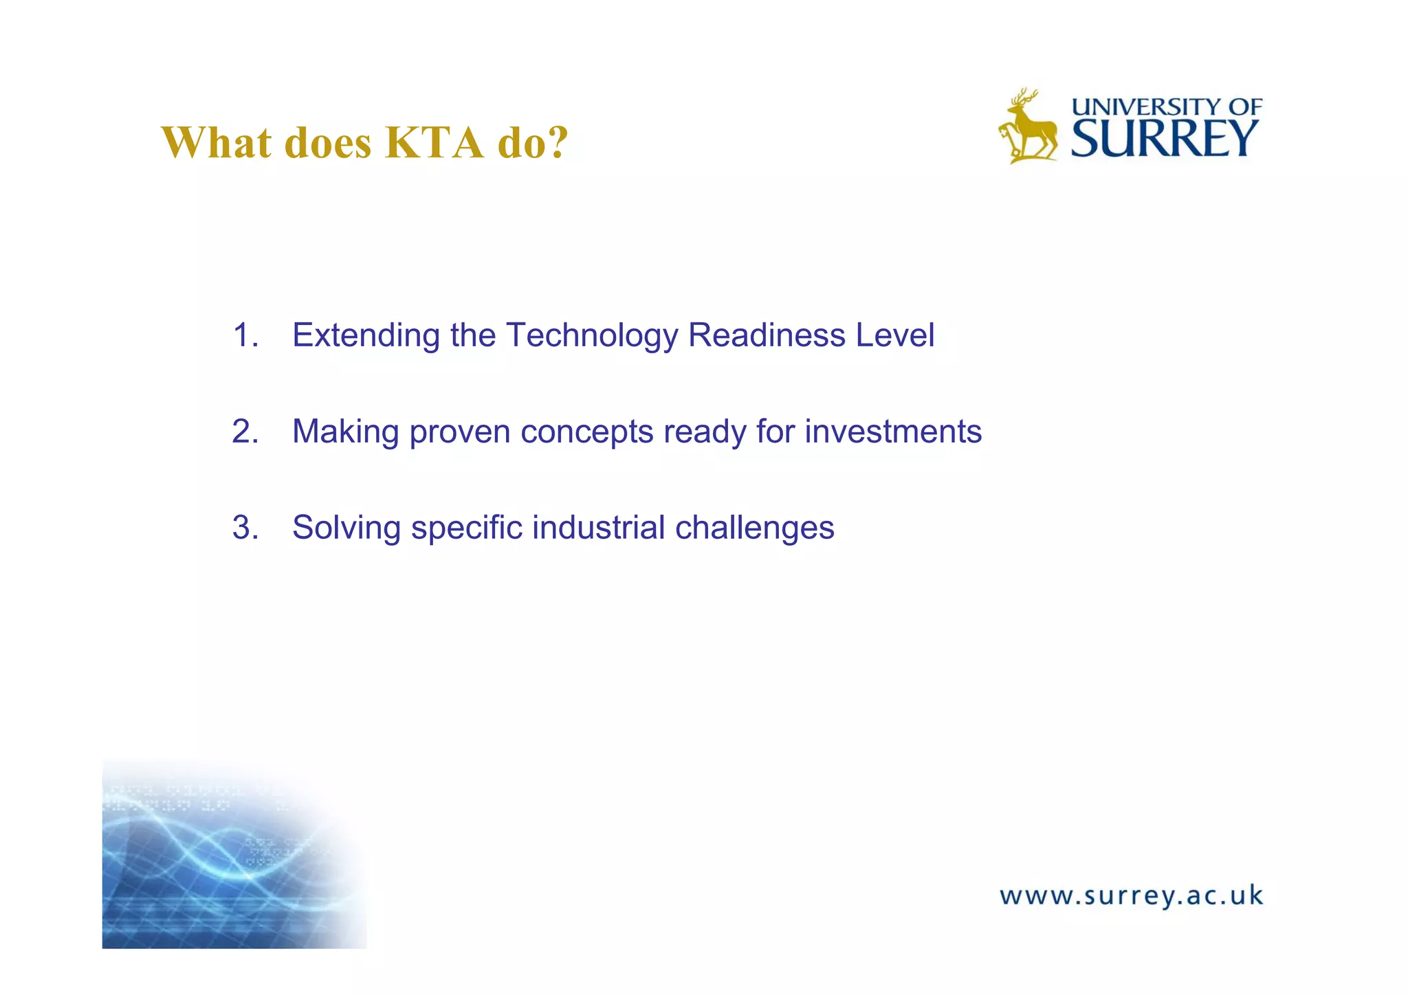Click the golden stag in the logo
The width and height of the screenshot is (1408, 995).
(1028, 127)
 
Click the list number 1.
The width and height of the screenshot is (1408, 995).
(245, 335)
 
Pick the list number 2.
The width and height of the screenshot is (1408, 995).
(245, 432)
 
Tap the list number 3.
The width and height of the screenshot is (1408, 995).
(245, 528)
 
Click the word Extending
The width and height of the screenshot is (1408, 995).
(366, 335)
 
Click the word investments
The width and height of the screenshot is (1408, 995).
(893, 432)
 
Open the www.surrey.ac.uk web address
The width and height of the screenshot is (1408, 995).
(1131, 896)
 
